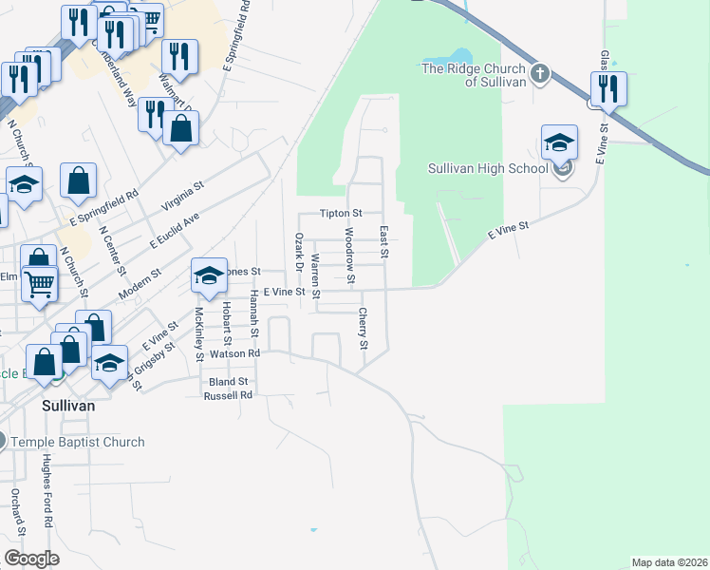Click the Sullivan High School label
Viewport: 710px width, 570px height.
[488, 169]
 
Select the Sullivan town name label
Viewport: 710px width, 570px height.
[68, 405]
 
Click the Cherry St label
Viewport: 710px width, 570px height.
[364, 328]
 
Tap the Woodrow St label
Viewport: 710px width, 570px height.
[349, 255]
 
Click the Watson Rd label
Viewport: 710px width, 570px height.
[234, 353]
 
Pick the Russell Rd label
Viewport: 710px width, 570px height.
[229, 394]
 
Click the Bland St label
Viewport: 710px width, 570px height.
[228, 382]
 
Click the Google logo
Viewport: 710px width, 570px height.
[31, 559]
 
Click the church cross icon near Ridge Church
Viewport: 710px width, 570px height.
[538, 74]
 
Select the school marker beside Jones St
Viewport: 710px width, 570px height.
[209, 275]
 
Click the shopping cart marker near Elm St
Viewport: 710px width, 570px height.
[39, 282]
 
